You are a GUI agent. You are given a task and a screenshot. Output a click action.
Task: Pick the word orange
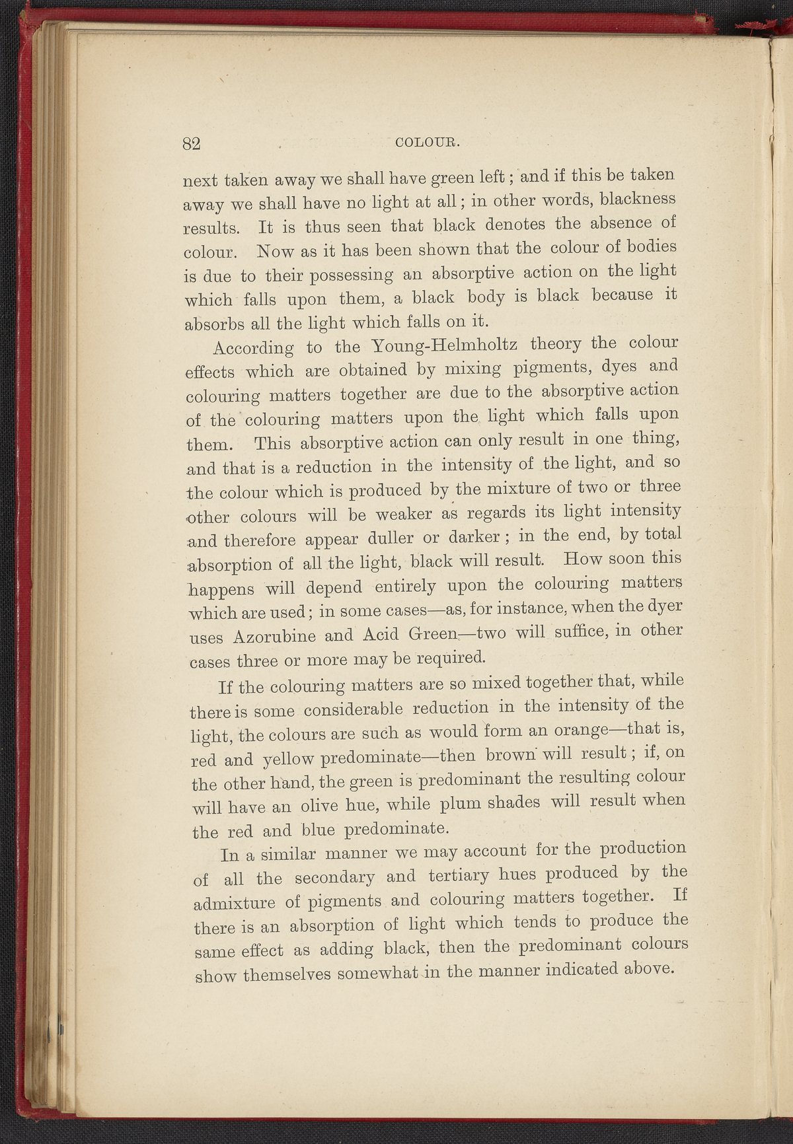pyautogui.click(x=569, y=731)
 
